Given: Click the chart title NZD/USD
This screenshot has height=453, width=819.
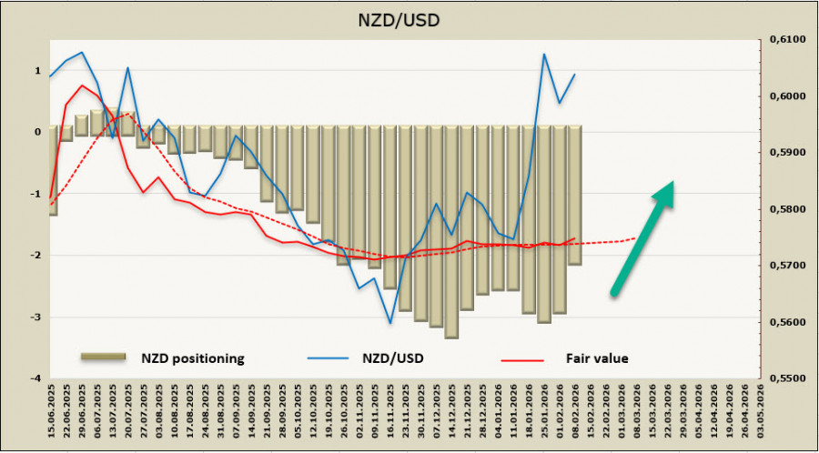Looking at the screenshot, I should coord(409,17).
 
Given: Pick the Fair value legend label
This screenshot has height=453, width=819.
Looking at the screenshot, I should coord(598,358).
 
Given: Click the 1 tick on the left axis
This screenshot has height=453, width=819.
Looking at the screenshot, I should coord(37,70).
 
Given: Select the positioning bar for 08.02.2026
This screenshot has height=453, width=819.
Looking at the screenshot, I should coord(574,196).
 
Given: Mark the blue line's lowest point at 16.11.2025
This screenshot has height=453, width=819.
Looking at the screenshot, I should coord(390,323).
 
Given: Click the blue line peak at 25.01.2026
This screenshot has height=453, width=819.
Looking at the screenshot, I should coord(544,55).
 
